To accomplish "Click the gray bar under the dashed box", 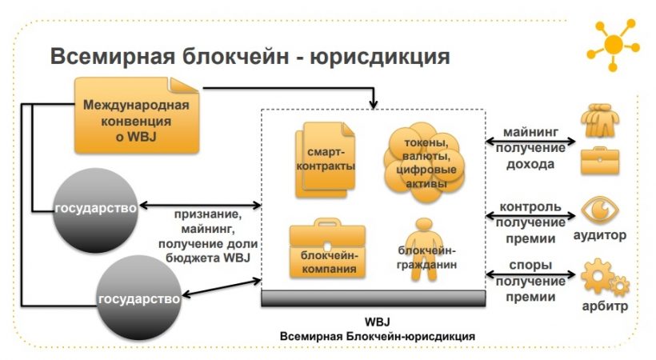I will click(x=374, y=298).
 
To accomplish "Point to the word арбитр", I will click(x=605, y=306).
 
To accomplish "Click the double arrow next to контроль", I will click(x=531, y=214).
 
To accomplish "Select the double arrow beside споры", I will click(x=531, y=276).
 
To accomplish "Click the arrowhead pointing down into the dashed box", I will click(x=374, y=104).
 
